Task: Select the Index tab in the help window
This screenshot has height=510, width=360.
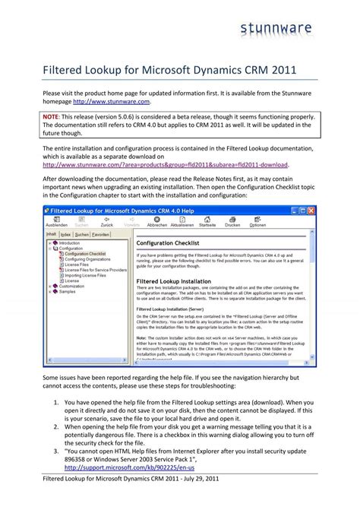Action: click(67, 235)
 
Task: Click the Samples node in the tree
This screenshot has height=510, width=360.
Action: click(68, 291)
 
